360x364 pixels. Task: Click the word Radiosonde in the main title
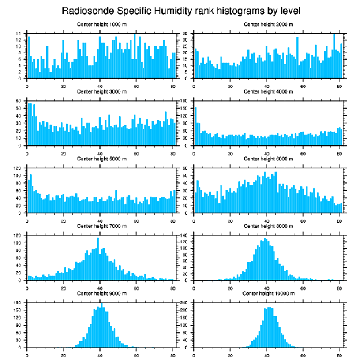[84, 10]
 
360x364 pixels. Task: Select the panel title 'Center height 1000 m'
[101, 24]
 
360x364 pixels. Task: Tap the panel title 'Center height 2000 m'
[268, 24]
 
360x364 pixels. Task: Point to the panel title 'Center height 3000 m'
[101, 91]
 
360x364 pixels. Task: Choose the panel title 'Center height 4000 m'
[268, 91]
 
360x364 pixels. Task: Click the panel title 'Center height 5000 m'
[101, 159]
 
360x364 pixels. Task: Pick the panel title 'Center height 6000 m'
[268, 159]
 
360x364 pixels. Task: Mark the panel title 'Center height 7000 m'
[101, 226]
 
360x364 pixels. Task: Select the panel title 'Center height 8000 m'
[268, 226]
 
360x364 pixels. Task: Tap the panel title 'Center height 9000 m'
[101, 293]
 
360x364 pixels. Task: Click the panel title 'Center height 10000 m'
[268, 293]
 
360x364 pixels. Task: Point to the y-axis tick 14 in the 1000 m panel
[22, 34]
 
